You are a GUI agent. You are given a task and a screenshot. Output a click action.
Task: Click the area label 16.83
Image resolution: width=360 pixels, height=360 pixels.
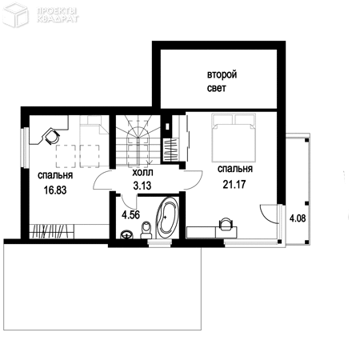tap(55, 190)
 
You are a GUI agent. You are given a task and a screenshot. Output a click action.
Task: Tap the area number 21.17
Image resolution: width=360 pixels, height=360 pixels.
tap(234, 184)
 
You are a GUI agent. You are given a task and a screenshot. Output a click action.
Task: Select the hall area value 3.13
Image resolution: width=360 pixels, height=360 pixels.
tap(142, 186)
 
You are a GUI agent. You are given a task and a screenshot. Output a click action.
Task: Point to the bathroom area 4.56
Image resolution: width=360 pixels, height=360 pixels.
tap(130, 214)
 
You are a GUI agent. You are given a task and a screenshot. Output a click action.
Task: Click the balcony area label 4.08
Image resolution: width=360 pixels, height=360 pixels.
tap(298, 218)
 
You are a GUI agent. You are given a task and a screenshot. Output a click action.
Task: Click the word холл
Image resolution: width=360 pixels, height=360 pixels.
tap(143, 173)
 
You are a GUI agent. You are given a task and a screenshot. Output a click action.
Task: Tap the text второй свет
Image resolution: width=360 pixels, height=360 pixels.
tap(222, 81)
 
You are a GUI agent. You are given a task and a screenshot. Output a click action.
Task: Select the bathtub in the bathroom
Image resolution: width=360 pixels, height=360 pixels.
tap(167, 218)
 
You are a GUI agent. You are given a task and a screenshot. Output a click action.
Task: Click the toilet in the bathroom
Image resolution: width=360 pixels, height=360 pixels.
tap(146, 230)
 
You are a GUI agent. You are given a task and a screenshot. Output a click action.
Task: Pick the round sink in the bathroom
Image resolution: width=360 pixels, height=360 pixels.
tap(126, 234)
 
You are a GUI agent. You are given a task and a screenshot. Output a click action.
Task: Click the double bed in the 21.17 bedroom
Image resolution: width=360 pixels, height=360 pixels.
tap(234, 138)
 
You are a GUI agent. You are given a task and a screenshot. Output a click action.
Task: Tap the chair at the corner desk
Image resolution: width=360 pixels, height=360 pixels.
tap(52, 136)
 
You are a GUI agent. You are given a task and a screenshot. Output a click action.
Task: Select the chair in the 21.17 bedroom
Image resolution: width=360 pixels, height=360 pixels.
tap(226, 224)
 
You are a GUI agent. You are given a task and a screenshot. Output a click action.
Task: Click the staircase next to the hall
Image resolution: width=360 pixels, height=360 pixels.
tap(138, 142)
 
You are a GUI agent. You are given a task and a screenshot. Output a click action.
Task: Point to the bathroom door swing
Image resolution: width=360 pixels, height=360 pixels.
tap(130, 202)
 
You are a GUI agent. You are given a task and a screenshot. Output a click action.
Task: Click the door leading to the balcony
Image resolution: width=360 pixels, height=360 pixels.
tap(269, 213)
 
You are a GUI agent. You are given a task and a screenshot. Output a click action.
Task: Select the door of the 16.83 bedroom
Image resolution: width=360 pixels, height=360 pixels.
tap(102, 180)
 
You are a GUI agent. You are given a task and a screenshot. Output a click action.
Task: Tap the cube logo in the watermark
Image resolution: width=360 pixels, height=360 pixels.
tap(15, 15)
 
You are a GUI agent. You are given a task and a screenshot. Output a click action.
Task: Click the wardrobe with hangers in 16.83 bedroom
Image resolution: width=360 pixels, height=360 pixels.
tap(51, 231)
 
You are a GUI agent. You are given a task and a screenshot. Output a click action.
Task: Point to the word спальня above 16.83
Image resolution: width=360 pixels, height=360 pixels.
tap(55, 175)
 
